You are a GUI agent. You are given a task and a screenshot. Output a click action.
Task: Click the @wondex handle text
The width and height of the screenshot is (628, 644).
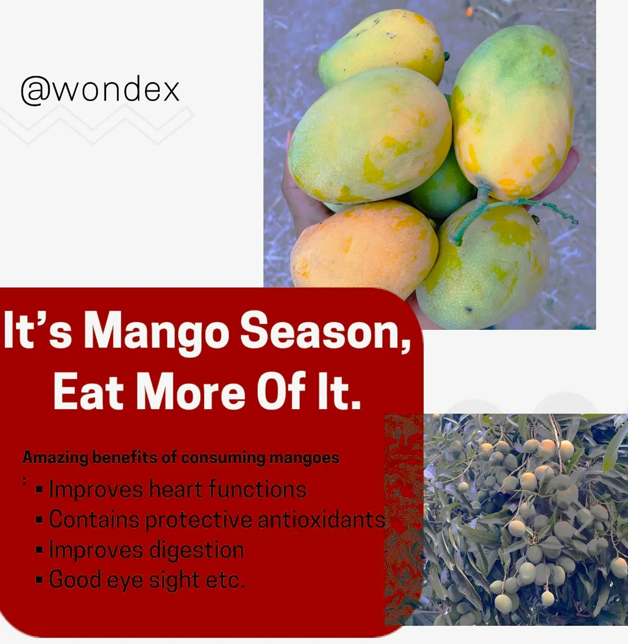pos(100,90)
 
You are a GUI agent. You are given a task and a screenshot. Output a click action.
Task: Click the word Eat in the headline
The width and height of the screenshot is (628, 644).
pos(88,390)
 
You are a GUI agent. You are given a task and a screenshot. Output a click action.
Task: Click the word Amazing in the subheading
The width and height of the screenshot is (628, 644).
pos(55,458)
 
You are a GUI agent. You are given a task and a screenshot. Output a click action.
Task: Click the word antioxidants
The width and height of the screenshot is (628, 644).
pos(321,519)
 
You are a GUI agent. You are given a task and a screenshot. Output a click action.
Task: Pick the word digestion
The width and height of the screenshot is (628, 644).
pos(196,551)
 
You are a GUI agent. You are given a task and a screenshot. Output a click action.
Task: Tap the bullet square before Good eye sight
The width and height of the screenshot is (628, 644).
pos(39,580)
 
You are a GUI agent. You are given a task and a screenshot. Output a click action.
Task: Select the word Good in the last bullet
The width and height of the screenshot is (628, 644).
pos(75,579)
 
